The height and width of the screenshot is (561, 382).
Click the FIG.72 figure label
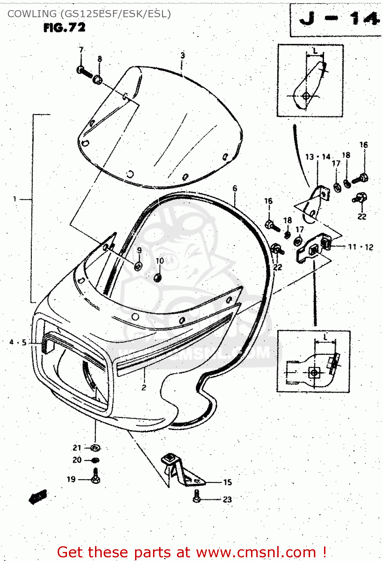(64, 28)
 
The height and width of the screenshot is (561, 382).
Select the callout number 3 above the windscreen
(183, 55)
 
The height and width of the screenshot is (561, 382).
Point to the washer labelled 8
(98, 79)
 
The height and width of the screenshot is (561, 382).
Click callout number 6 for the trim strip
(235, 188)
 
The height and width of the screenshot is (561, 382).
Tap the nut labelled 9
(138, 266)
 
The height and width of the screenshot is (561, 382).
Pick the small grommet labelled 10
(158, 277)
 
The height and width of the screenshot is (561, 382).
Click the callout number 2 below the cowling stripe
(144, 387)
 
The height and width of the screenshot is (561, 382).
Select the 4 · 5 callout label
(18, 342)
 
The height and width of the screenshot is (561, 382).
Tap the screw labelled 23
(197, 497)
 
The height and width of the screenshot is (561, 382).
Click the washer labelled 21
(95, 448)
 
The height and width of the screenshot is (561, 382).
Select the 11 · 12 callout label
(360, 247)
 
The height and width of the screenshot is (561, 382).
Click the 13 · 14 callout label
(318, 157)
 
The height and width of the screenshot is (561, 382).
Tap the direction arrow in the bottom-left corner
(38, 497)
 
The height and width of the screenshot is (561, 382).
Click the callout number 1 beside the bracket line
(15, 199)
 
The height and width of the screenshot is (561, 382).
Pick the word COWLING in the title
(32, 14)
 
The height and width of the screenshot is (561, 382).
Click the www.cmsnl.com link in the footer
(256, 552)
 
